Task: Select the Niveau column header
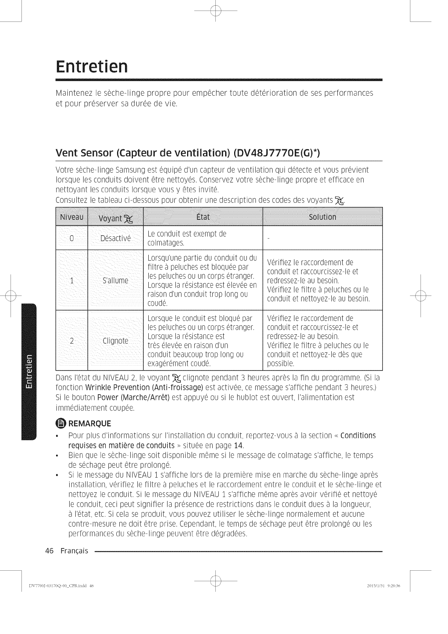72,217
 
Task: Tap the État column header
203,217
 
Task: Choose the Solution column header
322,217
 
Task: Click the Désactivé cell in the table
115,238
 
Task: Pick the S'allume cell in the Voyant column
115,280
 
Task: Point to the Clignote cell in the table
115,341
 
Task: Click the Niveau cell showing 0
72,238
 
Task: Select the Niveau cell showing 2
72,341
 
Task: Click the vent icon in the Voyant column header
128,219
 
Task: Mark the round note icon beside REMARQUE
61,423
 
